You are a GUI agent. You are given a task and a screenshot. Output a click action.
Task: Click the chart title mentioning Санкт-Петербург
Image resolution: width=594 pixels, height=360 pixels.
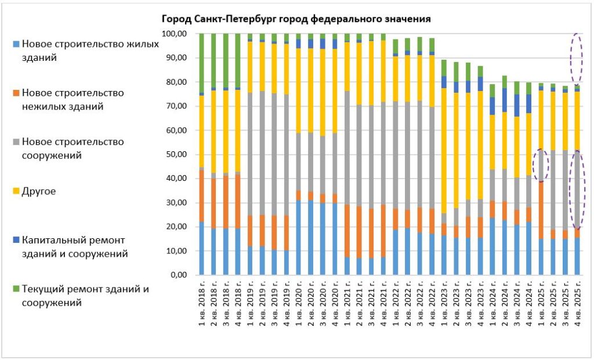tap(296, 19)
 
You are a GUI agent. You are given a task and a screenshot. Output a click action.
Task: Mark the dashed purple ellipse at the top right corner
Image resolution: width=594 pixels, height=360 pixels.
tap(577, 60)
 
